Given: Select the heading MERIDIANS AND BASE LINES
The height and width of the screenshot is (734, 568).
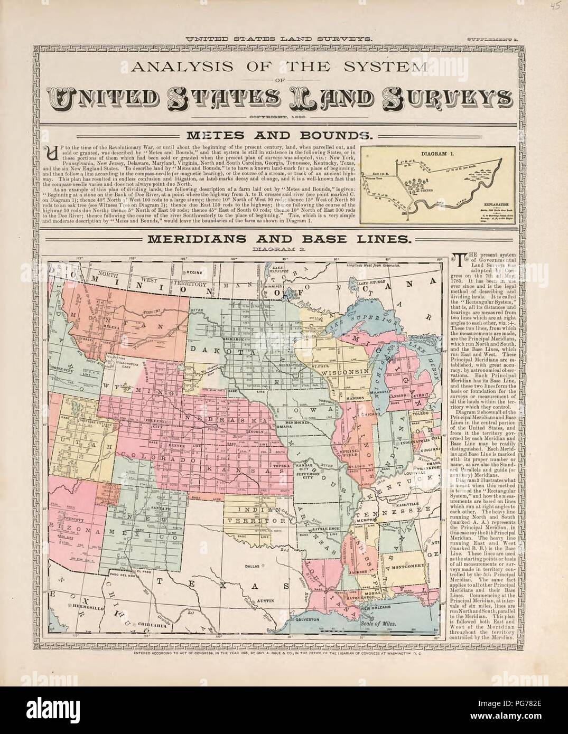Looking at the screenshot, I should tap(278, 239).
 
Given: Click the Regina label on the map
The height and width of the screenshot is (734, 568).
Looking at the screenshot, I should tap(192, 272).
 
